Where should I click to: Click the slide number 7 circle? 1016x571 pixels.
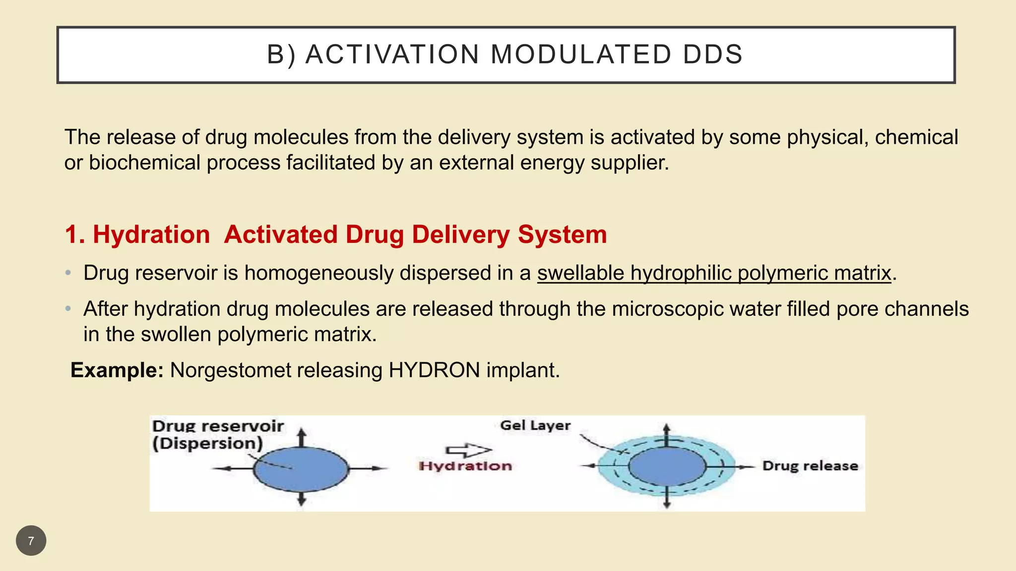(31, 541)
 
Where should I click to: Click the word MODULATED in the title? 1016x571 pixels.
(580, 54)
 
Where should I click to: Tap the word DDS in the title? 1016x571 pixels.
(713, 54)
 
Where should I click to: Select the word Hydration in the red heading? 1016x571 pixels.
(151, 234)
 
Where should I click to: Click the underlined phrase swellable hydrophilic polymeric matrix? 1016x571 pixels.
(714, 273)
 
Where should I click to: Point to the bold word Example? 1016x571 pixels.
(117, 370)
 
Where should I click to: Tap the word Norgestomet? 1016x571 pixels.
(231, 370)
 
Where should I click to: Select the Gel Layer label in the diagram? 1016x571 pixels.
(535, 425)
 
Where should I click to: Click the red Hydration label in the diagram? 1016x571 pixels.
(465, 466)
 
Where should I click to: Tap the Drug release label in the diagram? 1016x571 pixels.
(810, 466)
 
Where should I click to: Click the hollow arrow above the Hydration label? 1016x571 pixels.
(468, 450)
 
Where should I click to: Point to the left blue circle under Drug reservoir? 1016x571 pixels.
(301, 469)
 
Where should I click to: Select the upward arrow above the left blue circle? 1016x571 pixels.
(301, 438)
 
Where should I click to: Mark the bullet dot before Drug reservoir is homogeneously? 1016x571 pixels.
(68, 273)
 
